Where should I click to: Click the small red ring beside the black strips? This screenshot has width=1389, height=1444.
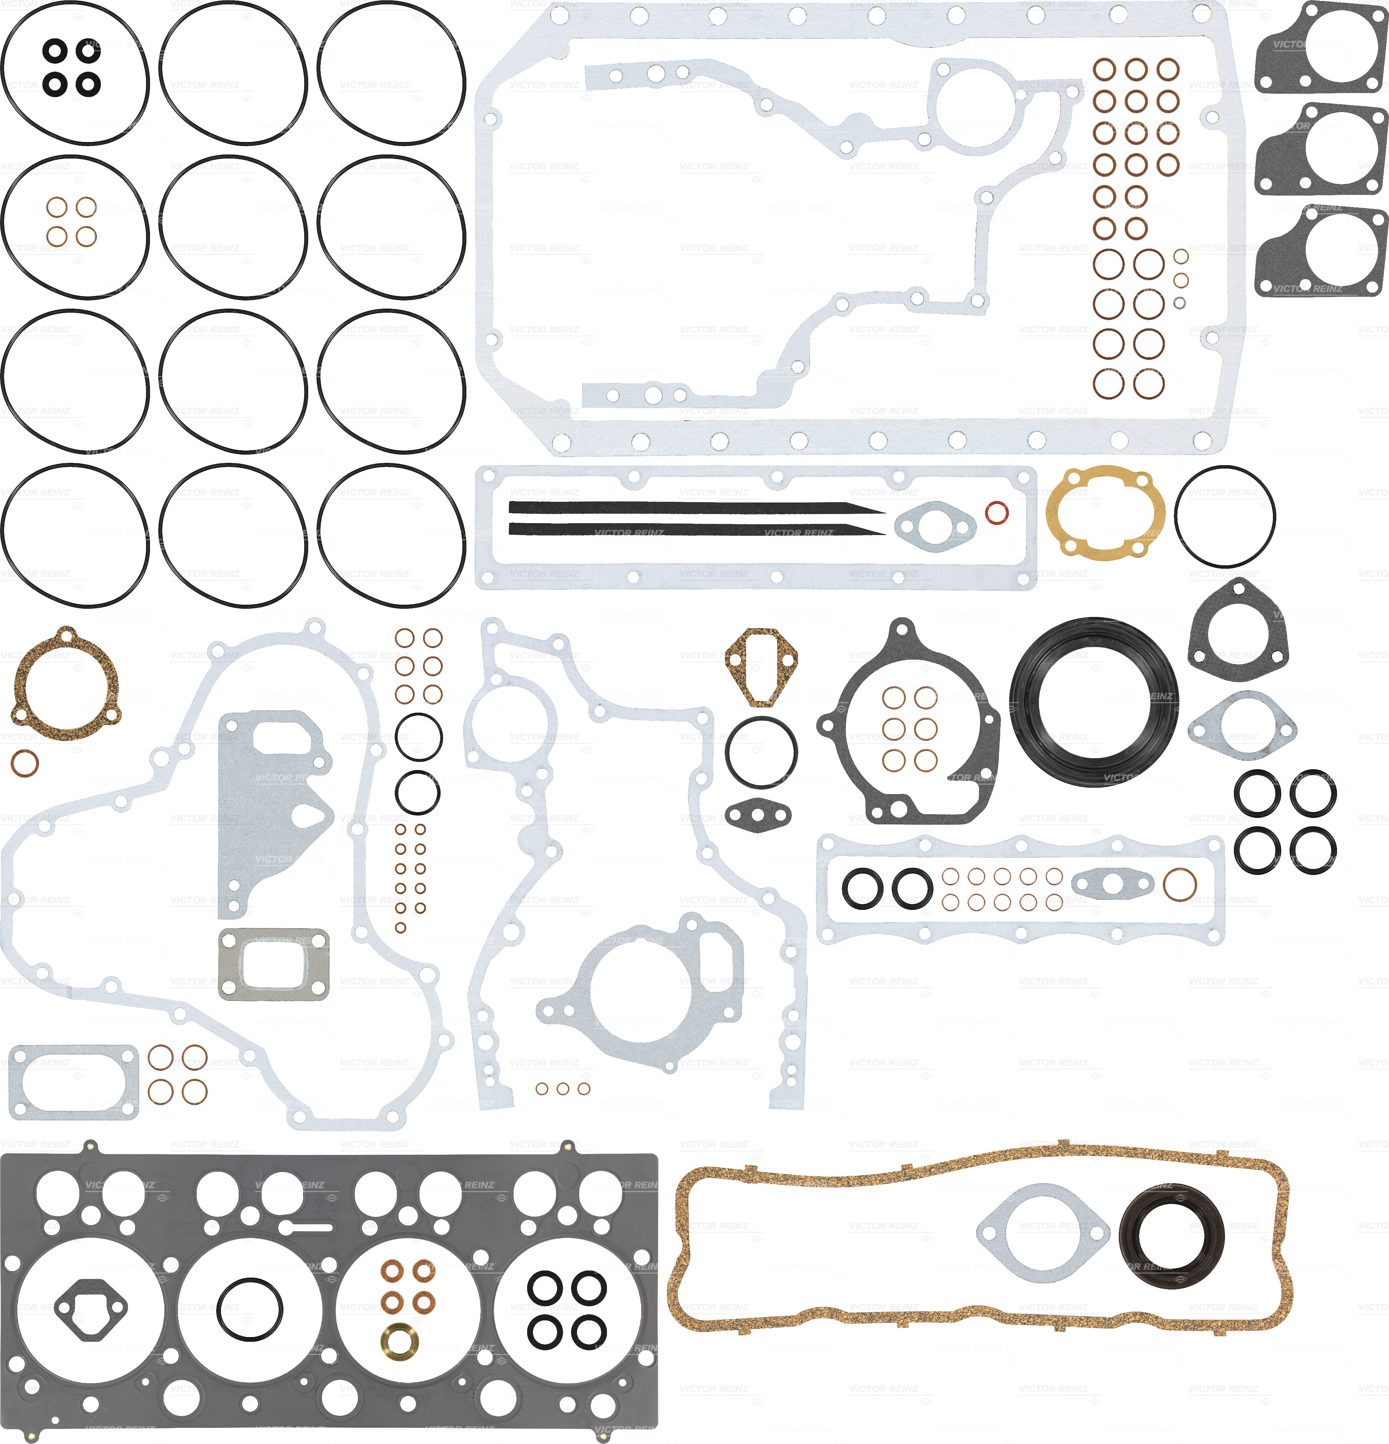(997, 513)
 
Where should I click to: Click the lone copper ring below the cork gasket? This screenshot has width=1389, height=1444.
(25, 763)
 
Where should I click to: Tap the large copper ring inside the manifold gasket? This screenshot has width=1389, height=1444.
(1179, 884)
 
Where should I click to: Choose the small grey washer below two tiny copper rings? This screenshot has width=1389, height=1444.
(1179, 303)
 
